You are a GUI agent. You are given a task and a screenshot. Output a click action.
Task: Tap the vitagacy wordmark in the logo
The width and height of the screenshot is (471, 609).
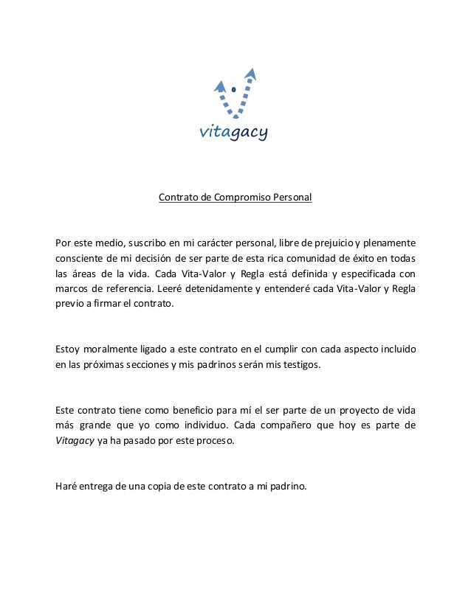tap(234, 133)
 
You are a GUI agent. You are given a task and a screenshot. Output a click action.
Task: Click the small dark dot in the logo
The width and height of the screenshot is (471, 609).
tap(234, 90)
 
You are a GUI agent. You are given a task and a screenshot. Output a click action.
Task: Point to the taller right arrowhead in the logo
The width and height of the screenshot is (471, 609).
tap(250, 73)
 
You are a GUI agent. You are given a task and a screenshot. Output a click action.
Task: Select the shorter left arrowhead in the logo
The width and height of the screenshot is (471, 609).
tap(219, 86)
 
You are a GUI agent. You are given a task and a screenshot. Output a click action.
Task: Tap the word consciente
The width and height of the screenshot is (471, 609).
tap(80, 259)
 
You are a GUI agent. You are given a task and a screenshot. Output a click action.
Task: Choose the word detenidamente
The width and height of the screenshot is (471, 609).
tap(218, 289)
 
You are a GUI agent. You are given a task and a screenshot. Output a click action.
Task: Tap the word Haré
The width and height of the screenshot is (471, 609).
tap(66, 485)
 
